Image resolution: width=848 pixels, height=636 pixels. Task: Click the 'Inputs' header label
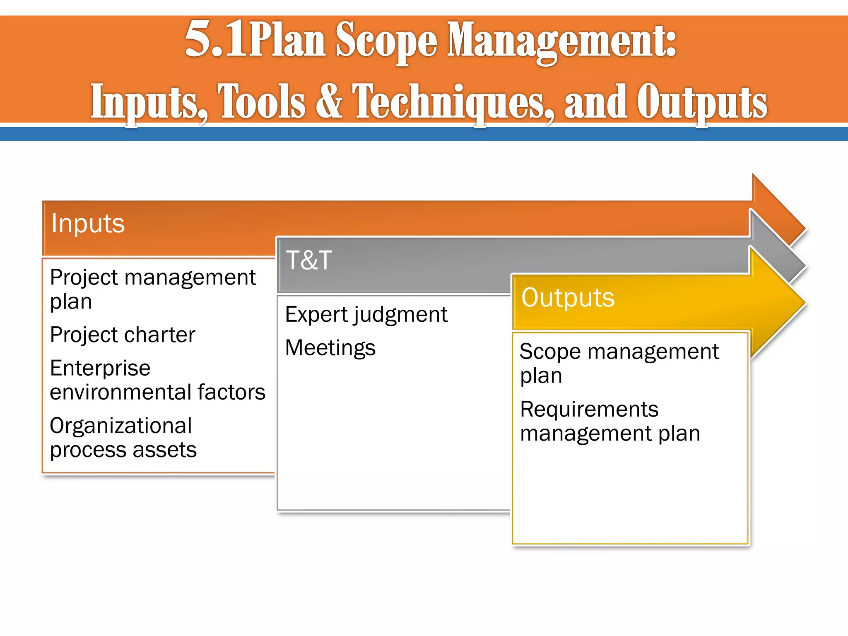[88, 224]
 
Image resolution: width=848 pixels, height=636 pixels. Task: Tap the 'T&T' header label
[309, 260]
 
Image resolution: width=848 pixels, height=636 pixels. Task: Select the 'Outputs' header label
[568, 298]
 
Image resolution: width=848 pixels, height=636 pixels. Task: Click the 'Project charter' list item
[122, 335]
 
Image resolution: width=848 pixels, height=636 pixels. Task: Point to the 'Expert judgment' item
[366, 315]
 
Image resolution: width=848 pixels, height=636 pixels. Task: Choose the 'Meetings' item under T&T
[330, 348]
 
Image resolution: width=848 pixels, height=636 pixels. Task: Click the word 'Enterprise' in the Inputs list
[100, 368]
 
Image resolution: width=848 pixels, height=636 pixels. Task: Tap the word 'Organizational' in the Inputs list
[120, 426]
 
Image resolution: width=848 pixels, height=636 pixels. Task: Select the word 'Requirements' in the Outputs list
[589, 410]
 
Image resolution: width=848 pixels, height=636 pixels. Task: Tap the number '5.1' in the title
[214, 41]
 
